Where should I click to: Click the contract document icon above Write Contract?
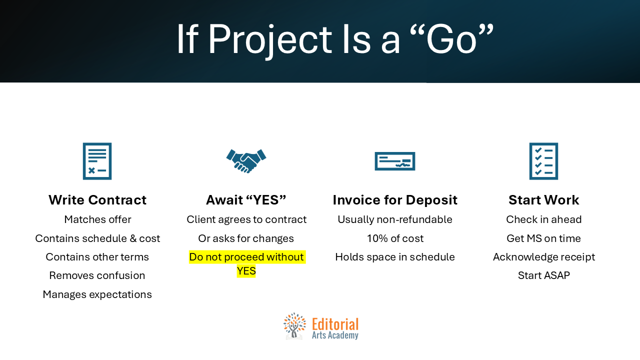[x=97, y=161]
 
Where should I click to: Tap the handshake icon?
[x=246, y=161]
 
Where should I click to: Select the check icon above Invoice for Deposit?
[x=395, y=161]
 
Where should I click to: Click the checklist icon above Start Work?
[x=543, y=161]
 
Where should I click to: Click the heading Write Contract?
[x=97, y=199]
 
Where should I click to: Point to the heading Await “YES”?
[x=246, y=199]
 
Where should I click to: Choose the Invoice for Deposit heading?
[x=395, y=200]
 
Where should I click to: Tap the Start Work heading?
[x=543, y=199]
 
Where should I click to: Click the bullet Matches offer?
[x=97, y=219]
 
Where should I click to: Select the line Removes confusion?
[x=97, y=275]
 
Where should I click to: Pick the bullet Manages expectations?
[x=97, y=294]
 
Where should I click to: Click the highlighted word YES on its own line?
[x=246, y=271]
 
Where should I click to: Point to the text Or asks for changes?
[x=246, y=238]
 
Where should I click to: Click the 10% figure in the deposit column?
[x=375, y=238]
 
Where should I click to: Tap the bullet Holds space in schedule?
[x=395, y=257]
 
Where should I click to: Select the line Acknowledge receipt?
[x=544, y=257]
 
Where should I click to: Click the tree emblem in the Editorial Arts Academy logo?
[x=294, y=326]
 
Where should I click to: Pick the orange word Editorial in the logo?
[x=335, y=324]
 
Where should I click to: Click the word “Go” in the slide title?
[x=451, y=38]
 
